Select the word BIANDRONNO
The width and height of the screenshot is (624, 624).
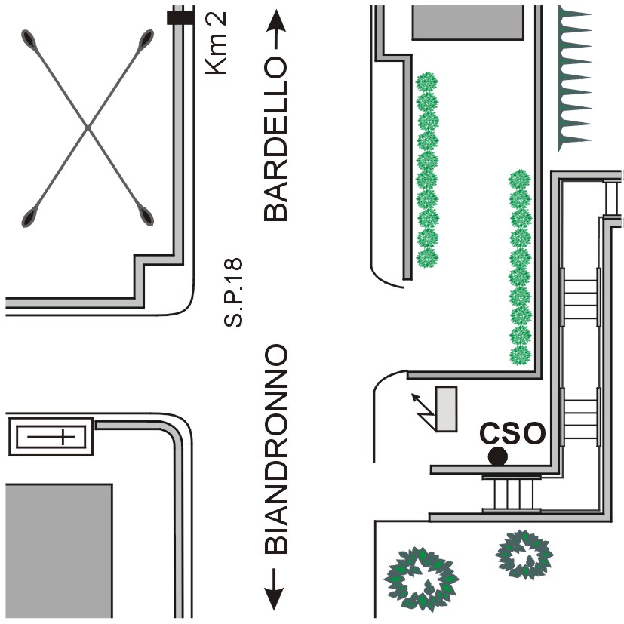point(276,450)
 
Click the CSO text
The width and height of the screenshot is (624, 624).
point(513,434)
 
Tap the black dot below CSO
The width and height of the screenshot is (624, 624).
point(497,456)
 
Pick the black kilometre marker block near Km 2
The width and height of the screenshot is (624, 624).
point(180,17)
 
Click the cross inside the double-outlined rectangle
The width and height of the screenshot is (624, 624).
point(51,436)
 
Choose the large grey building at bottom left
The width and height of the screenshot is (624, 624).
point(59,551)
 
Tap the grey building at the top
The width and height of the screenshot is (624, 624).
point(467,23)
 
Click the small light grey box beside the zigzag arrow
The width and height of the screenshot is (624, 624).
point(446,408)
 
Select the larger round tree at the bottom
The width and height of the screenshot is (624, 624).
point(421,577)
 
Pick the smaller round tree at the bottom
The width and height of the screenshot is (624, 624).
point(525,555)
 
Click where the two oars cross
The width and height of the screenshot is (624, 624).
point(88,129)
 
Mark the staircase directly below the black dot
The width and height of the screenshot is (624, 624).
point(512,493)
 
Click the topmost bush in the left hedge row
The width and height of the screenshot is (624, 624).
point(428,81)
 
